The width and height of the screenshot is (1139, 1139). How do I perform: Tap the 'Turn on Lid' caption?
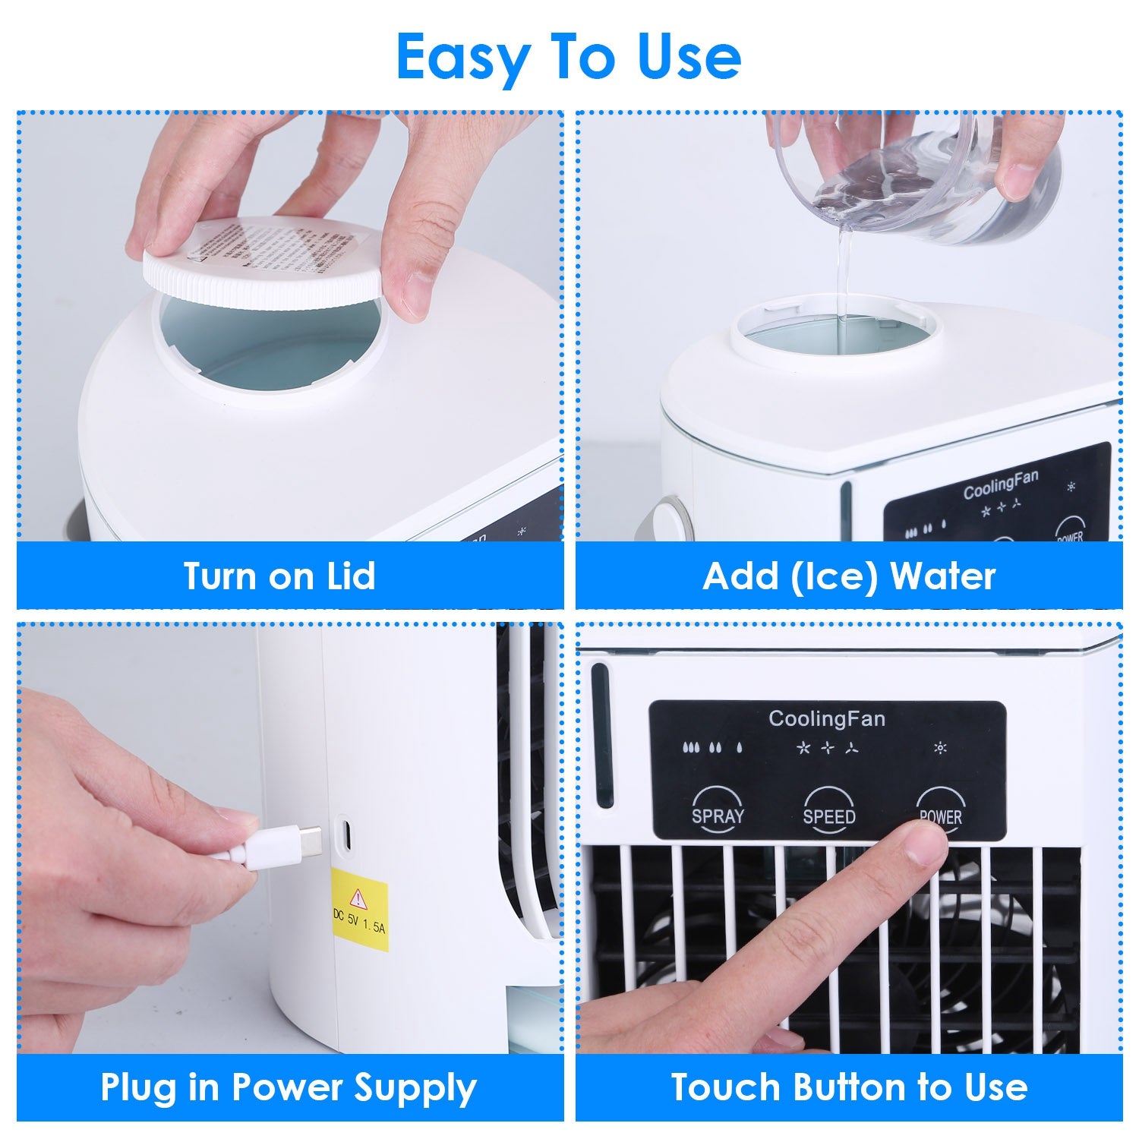point(279,576)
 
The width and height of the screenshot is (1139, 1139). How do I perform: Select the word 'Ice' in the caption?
point(838,576)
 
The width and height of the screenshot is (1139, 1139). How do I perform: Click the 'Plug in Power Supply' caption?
point(289,1087)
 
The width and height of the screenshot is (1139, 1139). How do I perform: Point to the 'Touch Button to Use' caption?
point(849,1087)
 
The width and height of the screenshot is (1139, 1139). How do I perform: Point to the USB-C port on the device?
point(344,835)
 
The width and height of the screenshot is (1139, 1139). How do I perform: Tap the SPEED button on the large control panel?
point(828,810)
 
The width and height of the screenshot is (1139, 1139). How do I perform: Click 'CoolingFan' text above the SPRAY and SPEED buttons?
point(826,718)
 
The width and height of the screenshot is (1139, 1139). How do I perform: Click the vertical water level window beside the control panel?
point(601,736)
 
